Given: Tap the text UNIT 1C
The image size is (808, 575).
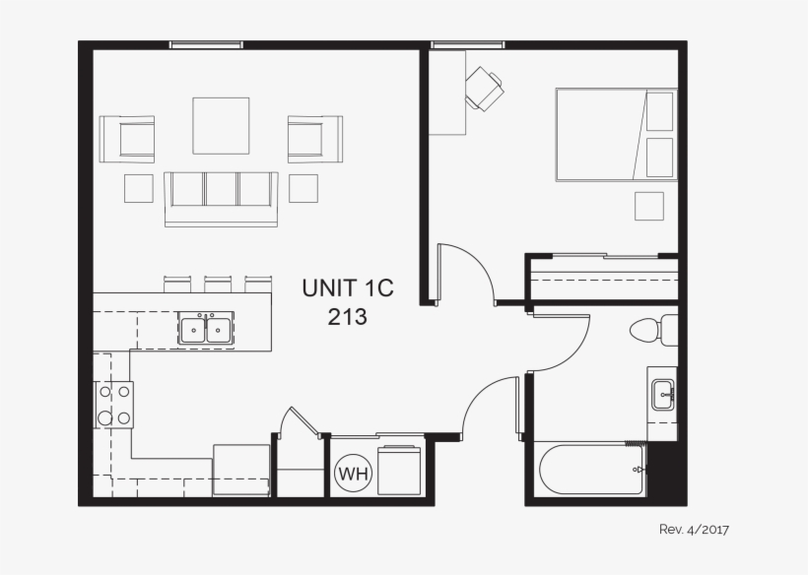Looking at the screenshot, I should [347, 288].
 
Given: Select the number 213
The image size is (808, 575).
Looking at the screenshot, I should [347, 317].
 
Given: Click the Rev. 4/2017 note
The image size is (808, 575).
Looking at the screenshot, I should [694, 530].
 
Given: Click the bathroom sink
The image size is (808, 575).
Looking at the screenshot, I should [663, 395].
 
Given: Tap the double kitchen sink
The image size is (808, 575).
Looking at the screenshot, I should [206, 328].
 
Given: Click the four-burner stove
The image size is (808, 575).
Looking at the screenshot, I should [114, 405].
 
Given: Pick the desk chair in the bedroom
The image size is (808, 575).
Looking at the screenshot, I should [484, 89].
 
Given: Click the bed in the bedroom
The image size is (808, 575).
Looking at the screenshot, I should [615, 135].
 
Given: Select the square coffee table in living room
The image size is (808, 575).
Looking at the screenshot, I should [220, 125].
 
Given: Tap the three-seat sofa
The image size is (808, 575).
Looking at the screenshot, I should [221, 195].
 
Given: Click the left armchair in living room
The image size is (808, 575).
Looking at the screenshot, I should [127, 139].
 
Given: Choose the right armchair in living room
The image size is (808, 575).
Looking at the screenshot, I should [314, 139].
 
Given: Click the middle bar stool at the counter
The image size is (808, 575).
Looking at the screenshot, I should [218, 284].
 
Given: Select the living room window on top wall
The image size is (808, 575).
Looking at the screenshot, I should [206, 44].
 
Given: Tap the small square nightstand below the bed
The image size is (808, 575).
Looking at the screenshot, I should [648, 206].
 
